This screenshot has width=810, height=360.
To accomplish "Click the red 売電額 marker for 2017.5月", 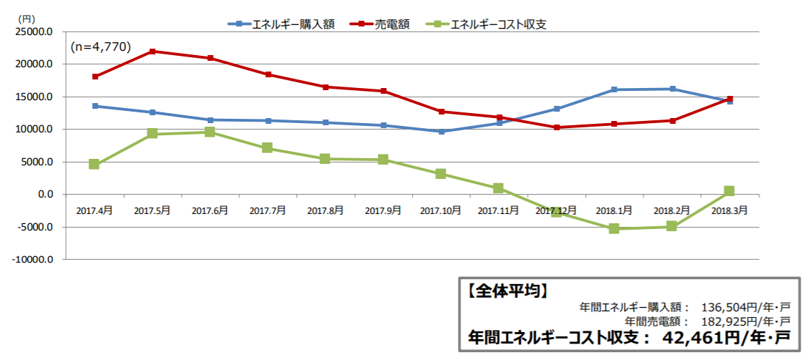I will (x=152, y=52).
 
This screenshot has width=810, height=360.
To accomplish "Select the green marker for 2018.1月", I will (x=614, y=228).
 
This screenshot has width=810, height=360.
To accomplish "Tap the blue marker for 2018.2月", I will (x=672, y=89).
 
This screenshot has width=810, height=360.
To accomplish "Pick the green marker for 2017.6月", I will (x=210, y=132).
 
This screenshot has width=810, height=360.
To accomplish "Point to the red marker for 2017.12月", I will (x=557, y=127).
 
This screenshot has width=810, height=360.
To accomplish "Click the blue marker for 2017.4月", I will (x=94, y=106).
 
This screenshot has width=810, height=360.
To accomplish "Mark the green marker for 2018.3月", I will (x=729, y=191).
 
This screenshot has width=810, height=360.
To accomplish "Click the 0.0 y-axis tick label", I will (x=44, y=195).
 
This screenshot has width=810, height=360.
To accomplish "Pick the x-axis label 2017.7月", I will (x=268, y=211).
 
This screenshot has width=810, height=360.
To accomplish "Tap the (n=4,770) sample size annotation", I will (x=100, y=47).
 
